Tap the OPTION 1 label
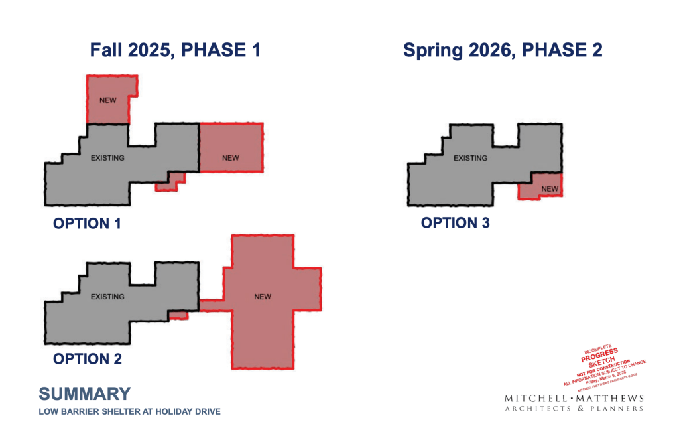87,224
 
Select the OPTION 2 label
87,359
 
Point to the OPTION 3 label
455,223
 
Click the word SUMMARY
84,393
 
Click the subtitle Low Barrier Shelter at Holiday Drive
129,412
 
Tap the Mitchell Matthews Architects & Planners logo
574,403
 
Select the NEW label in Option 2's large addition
263,297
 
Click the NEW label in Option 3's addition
550,189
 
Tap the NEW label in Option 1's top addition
107,100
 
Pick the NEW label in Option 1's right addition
230,158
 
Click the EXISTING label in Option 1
107,158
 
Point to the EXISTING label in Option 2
107,297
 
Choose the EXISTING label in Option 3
470,158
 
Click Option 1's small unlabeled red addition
170,182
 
